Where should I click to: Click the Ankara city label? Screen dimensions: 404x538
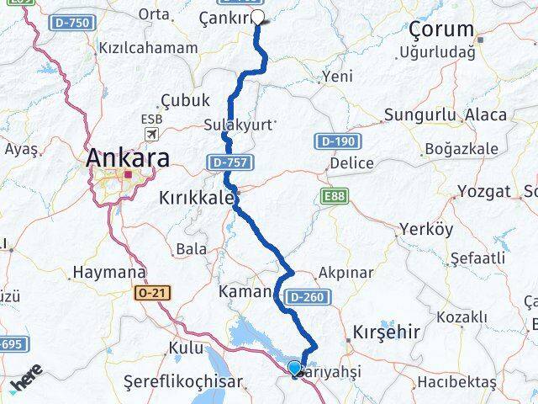tap(128, 157)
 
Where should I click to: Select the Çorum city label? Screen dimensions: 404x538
tap(441, 30)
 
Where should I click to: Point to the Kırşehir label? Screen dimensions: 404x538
tap(386, 332)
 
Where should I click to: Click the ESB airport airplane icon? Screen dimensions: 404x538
tap(151, 135)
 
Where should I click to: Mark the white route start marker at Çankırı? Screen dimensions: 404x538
tap(257, 16)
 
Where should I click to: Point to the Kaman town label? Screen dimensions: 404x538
tap(244, 293)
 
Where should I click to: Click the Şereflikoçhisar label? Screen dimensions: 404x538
tap(182, 380)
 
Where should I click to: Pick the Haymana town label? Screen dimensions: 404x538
tap(109, 273)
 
